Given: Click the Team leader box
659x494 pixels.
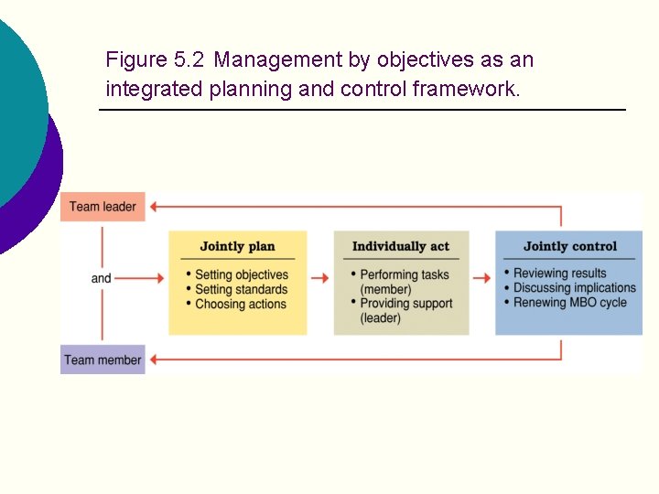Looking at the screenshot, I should pyautogui.click(x=103, y=207).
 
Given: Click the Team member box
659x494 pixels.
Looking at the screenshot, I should pyautogui.click(x=103, y=360).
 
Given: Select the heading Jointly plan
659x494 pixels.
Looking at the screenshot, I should pyautogui.click(x=237, y=246).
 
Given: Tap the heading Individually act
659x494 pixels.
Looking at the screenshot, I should pyautogui.click(x=401, y=246).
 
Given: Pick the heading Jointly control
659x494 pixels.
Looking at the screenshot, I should pyautogui.click(x=569, y=246).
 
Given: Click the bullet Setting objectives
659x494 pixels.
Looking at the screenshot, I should pyautogui.click(x=242, y=274).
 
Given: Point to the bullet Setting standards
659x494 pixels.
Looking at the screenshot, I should pyautogui.click(x=241, y=289).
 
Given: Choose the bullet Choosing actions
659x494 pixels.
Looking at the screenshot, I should pyautogui.click(x=241, y=304).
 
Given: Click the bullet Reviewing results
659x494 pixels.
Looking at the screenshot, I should pyautogui.click(x=559, y=273).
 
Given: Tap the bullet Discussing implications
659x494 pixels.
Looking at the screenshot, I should pyautogui.click(x=574, y=287).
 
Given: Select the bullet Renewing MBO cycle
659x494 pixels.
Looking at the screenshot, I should pyautogui.click(x=569, y=302).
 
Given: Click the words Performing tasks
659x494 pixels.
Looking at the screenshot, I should pyautogui.click(x=405, y=274).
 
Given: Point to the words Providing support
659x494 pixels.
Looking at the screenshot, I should pyautogui.click(x=405, y=304).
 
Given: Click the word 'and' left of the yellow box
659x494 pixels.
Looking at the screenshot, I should pyautogui.click(x=101, y=278).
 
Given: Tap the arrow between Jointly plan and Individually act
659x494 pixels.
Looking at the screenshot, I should pyautogui.click(x=319, y=278).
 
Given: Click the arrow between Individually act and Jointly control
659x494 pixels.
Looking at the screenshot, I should pyautogui.click(x=481, y=278).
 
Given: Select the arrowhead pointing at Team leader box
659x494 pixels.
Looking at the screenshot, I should pyautogui.click(x=155, y=207).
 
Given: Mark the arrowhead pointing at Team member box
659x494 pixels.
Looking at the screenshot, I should pyautogui.click(x=155, y=360).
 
